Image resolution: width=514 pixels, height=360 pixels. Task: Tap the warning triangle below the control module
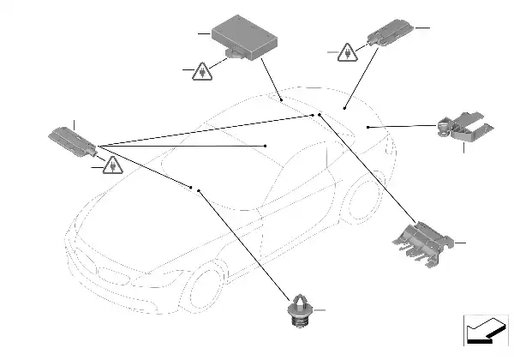tap(200, 72)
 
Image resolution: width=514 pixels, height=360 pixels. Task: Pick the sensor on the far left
tap(74, 140)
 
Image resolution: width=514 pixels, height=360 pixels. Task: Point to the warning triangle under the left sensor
tap(111, 165)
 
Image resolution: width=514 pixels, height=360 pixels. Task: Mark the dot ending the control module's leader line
tap(282, 99)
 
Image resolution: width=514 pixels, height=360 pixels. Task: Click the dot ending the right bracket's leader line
tap(368, 127)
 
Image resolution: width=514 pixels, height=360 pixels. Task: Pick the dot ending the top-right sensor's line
tap(345, 108)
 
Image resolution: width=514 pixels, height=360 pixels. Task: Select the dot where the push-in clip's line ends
tap(199, 190)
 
